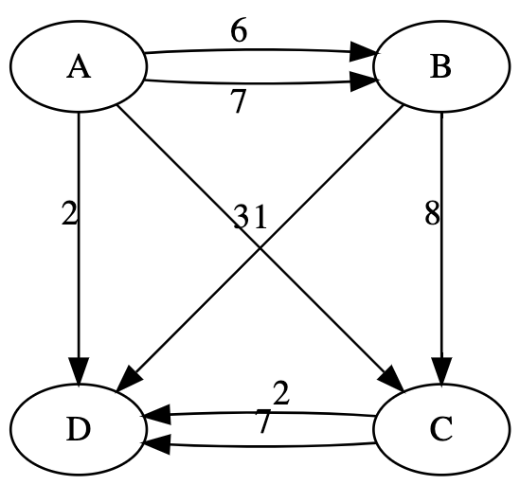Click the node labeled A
pyautogui.click(x=79, y=69)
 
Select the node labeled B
pyautogui.click(x=441, y=69)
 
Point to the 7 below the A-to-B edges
pyautogui.click(x=239, y=101)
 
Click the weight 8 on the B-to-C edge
pyautogui.click(x=432, y=215)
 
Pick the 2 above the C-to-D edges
pyautogui.click(x=280, y=392)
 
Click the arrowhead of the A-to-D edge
pyautogui.click(x=79, y=370)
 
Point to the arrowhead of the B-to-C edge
pyautogui.click(x=441, y=370)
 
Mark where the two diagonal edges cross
pyautogui.click(x=260, y=249)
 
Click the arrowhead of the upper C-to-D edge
pyautogui.click(x=155, y=414)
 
